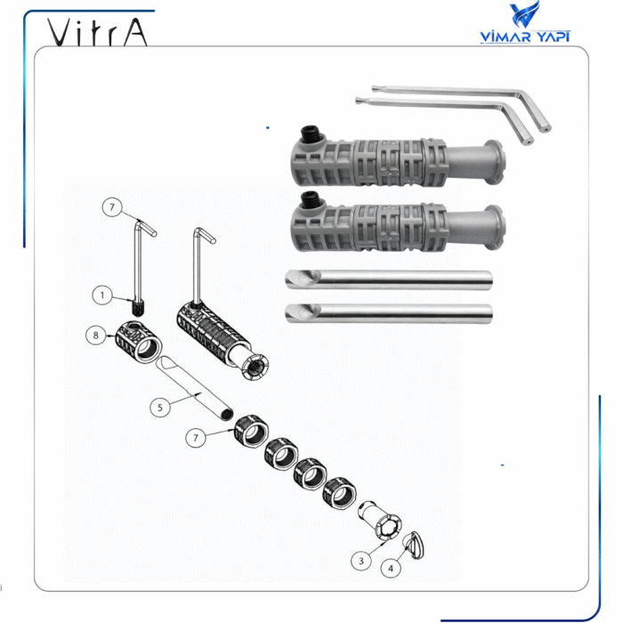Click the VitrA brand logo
(97, 32)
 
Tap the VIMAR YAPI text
(525, 36)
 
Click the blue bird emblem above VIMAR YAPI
(524, 14)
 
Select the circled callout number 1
(102, 295)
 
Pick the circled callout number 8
(96, 336)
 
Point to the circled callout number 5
(160, 408)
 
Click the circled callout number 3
(360, 561)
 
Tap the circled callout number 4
(391, 568)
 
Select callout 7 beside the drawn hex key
(112, 207)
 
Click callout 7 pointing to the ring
(196, 438)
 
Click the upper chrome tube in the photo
(389, 279)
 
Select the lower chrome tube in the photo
(389, 313)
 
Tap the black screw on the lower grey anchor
(311, 199)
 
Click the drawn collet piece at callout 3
(380, 520)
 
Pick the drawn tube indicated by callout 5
(194, 388)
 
